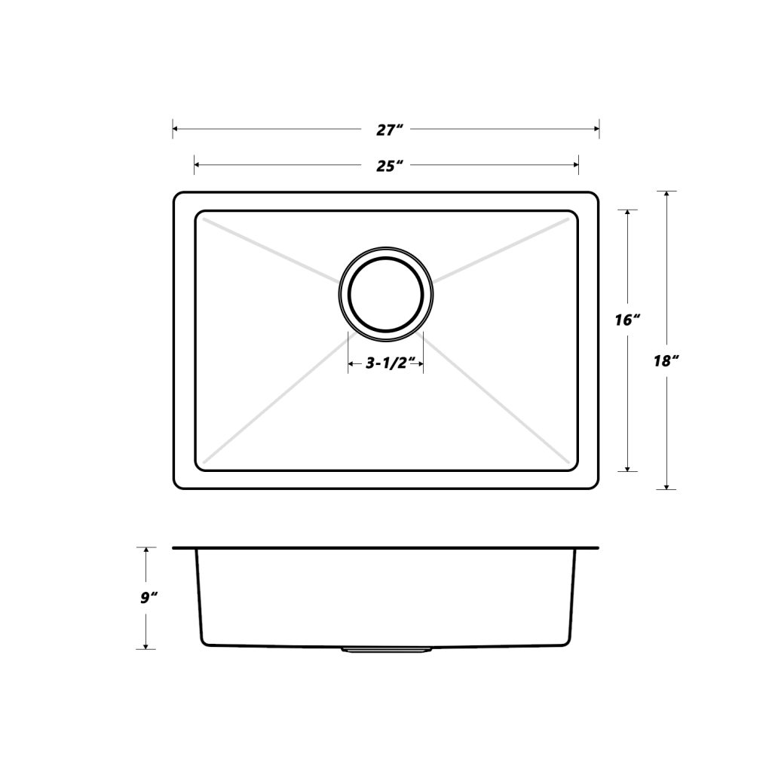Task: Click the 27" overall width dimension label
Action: (386, 130)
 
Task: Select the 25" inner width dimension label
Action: (386, 165)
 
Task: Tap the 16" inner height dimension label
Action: (627, 320)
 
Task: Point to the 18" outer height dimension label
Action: (666, 360)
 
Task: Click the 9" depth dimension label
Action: (148, 598)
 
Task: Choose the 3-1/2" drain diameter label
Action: (385, 364)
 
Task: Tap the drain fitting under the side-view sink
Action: (386, 648)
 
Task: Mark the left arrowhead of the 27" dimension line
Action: (176, 130)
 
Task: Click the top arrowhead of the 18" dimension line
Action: (666, 195)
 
